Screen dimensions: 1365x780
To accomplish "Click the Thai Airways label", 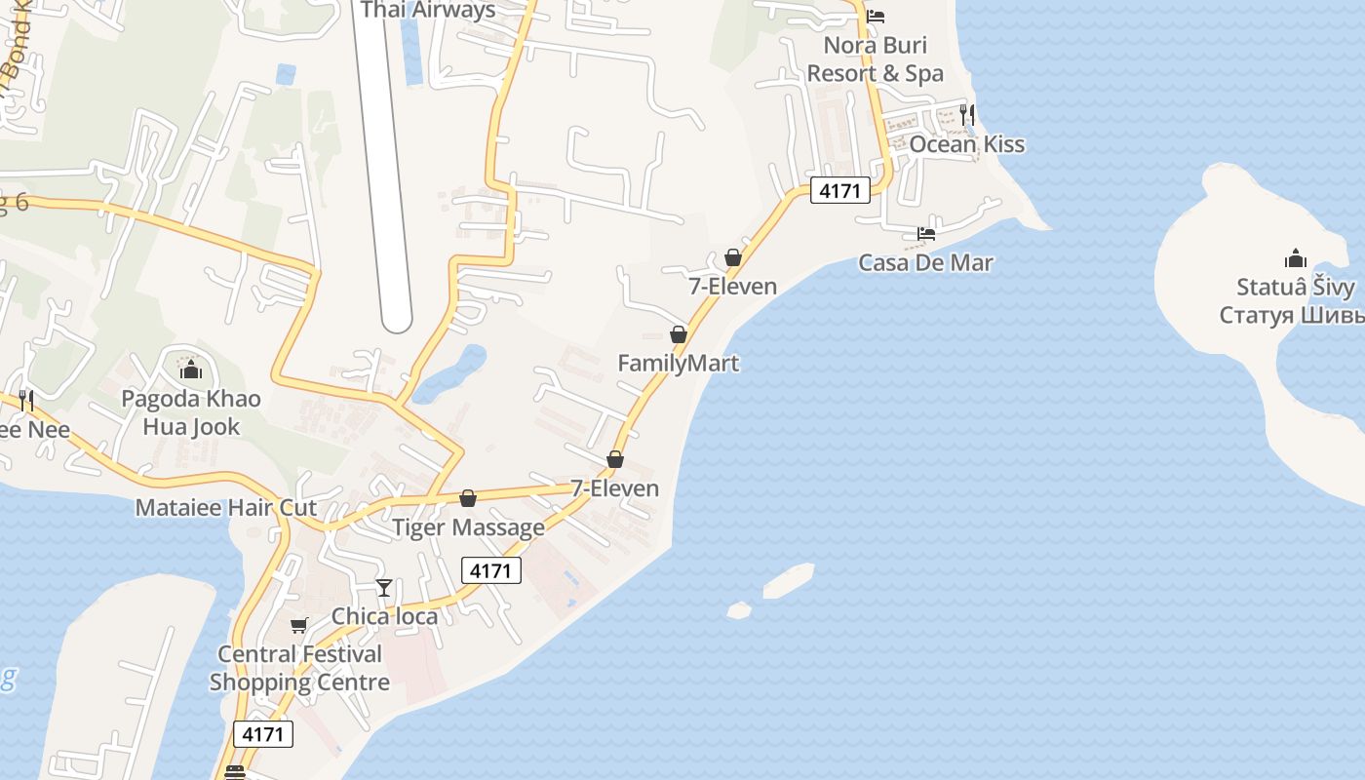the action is click(x=428, y=11).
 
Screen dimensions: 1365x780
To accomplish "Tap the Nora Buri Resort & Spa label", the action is click(x=875, y=59).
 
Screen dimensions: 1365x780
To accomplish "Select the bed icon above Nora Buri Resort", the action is click(x=876, y=17).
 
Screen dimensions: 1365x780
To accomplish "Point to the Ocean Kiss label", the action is click(x=966, y=144).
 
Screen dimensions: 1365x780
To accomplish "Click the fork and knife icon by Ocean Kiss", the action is click(x=966, y=115).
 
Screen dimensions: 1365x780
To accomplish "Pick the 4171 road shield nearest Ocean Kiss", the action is click(x=839, y=191).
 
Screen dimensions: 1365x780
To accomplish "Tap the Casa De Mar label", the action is click(x=925, y=262).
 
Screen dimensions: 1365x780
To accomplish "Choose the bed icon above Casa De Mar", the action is click(x=926, y=234).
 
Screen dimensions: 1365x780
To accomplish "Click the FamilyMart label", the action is click(x=679, y=363).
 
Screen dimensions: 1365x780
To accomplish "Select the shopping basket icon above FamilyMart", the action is click(x=679, y=334).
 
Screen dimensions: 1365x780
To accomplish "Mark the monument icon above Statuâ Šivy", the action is click(x=1296, y=258).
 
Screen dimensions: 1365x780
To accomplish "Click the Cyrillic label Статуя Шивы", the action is click(x=1292, y=315).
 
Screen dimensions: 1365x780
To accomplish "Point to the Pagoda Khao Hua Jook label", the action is click(x=191, y=412).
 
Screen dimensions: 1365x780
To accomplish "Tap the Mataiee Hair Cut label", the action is click(x=226, y=507).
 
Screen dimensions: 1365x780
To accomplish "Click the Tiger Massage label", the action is click(x=468, y=527).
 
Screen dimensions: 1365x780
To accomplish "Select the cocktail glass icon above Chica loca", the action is click(x=384, y=587).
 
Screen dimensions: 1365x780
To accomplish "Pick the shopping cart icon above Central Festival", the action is click(x=298, y=625).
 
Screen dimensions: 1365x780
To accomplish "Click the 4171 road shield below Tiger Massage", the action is click(x=490, y=570).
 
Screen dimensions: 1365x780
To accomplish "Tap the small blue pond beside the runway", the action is click(x=449, y=374).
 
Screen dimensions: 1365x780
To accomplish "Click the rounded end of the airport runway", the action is click(x=396, y=317).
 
